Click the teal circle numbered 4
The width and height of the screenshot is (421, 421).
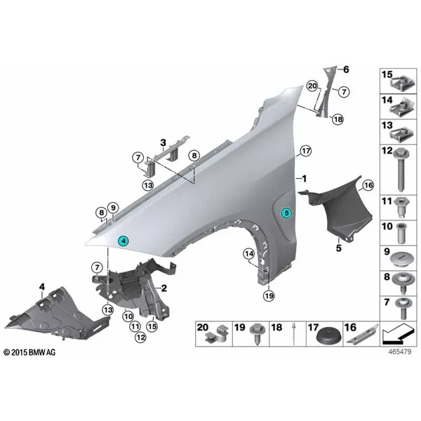click(123, 241)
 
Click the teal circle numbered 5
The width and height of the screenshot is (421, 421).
click(286, 213)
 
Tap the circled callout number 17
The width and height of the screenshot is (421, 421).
click(306, 151)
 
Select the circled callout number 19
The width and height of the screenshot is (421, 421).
click(269, 296)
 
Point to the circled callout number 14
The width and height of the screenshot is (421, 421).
click(249, 253)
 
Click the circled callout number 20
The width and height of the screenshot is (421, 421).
click(312, 86)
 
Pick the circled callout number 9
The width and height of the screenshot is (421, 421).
click(113, 208)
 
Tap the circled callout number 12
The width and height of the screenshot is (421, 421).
click(141, 337)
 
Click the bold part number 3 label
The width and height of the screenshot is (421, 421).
click(163, 143)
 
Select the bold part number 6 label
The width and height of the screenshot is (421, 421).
click(346, 69)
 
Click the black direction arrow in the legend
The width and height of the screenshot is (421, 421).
click(397, 334)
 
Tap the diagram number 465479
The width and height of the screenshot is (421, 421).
click(399, 352)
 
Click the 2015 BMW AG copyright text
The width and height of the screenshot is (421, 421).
click(29, 352)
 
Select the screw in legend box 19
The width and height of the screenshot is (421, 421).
click(258, 334)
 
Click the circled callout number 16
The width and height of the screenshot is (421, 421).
click(368, 185)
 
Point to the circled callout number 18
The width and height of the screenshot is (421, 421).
click(338, 119)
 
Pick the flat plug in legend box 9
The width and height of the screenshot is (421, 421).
click(402, 260)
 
